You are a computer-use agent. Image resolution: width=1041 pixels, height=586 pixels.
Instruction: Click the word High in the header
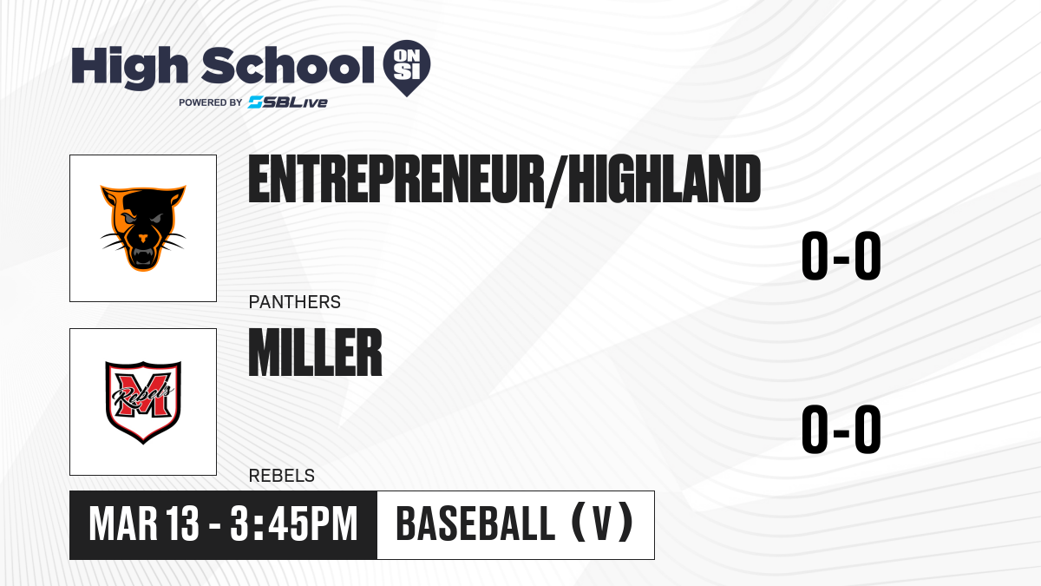click(x=130, y=67)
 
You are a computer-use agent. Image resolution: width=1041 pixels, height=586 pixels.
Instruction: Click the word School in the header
click(x=288, y=65)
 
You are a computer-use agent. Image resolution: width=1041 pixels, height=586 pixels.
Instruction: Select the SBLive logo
click(x=288, y=102)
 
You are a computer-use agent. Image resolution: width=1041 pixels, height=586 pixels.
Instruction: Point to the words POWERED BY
click(x=211, y=102)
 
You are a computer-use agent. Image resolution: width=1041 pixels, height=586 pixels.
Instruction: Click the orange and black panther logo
click(x=143, y=227)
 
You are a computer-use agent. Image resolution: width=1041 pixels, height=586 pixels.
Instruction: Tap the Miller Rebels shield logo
click(x=143, y=402)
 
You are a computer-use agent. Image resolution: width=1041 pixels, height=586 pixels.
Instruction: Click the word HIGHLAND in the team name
click(x=665, y=179)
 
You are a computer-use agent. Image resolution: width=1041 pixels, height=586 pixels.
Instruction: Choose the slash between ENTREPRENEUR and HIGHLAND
click(x=557, y=181)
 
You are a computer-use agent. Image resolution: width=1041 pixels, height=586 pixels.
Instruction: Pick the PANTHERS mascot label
click(x=295, y=302)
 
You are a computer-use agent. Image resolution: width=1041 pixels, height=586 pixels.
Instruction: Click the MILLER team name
click(x=315, y=352)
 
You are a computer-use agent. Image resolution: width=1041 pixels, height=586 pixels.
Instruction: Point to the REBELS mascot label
click(x=282, y=476)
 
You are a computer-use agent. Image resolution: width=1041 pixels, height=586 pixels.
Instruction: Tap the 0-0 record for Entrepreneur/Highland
click(x=841, y=256)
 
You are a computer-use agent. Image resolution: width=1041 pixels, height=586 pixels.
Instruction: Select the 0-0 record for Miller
click(x=841, y=429)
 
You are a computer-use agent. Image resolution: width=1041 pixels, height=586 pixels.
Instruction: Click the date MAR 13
click(x=144, y=524)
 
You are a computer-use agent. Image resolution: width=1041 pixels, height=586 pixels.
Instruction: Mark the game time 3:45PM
click(x=294, y=524)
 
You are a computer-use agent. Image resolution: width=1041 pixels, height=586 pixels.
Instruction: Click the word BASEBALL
click(x=475, y=524)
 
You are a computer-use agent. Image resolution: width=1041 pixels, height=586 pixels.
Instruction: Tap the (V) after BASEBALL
click(x=602, y=522)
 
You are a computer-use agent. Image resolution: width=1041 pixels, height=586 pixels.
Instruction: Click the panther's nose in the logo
click(x=143, y=238)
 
